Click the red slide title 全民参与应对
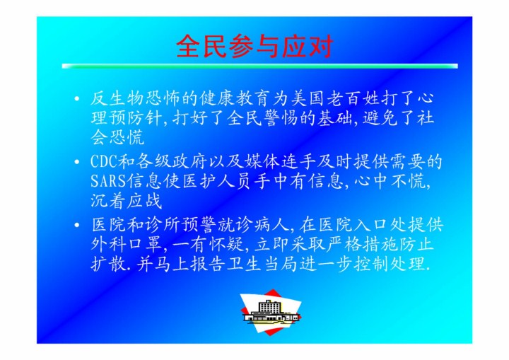pos(255,47)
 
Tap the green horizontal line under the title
pos(259,66)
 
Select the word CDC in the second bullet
pos(104,161)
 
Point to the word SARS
pos(108,181)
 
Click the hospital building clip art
pos(271,312)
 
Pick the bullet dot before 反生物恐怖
pos(76,98)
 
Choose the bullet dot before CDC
pos(76,161)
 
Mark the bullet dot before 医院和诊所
pos(76,225)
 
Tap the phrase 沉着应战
pos(126,201)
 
